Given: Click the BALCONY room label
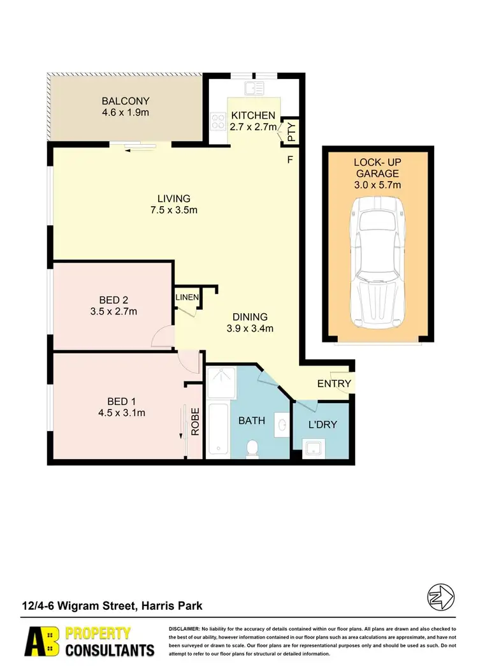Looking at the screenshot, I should tap(126, 101).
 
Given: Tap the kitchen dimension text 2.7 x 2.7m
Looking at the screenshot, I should tap(253, 127).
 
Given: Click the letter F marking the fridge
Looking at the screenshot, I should tap(289, 159).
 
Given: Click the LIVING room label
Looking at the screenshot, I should tap(174, 198).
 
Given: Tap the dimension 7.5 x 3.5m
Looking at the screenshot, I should tap(174, 210).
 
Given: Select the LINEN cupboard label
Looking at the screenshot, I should tap(188, 298).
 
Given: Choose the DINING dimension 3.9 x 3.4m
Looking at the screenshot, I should tap(250, 329).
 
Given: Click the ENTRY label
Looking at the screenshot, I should tap(334, 383).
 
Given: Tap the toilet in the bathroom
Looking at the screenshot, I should tap(253, 448).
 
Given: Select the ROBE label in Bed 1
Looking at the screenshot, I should tap(195, 421).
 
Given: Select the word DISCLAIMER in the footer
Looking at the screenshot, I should tap(185, 629).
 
